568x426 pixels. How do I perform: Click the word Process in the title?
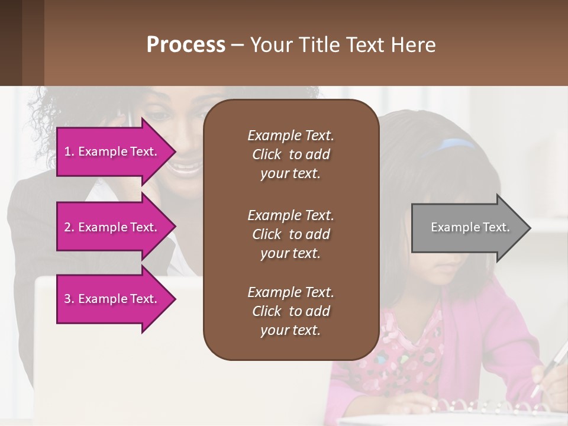pos(186,44)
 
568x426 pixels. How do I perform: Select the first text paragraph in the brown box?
pos(291,154)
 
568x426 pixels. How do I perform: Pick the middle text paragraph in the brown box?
pos(291,234)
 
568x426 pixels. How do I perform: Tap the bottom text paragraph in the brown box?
pos(291,311)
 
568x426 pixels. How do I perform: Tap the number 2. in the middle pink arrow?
pos(69,227)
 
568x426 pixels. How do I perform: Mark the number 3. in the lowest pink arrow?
pos(69,299)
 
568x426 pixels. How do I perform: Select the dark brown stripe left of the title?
pos(11,43)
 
